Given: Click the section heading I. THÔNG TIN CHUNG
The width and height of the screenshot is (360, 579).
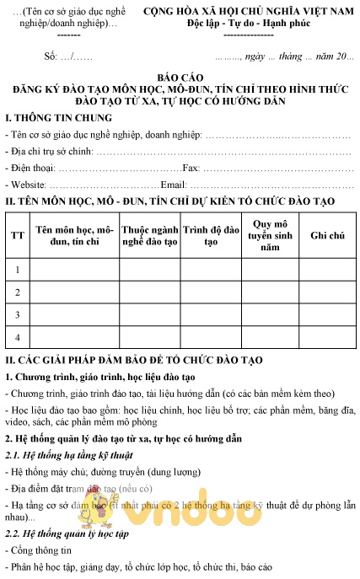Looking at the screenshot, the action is [x=57, y=117].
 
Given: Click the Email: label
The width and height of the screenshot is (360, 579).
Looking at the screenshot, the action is [x=174, y=185].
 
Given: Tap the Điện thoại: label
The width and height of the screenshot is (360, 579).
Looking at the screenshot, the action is [x=31, y=169].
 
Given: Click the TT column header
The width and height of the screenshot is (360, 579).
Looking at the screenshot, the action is [x=17, y=235].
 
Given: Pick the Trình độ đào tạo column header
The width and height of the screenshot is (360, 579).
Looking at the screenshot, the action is [x=207, y=235].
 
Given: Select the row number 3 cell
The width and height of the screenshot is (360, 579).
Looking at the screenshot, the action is [x=17, y=314].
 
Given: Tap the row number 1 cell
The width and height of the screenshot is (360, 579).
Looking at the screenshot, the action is [x=17, y=269].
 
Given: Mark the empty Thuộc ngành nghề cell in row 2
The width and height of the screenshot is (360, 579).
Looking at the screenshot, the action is [x=148, y=292].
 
